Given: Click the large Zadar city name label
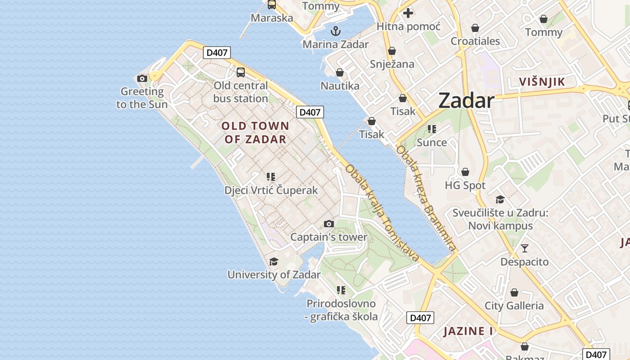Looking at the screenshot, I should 466,100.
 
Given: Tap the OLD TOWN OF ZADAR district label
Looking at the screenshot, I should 255,132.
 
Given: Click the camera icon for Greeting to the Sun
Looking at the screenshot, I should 142,78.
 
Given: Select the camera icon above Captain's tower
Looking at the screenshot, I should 329,224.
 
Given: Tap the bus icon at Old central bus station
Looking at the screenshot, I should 241,72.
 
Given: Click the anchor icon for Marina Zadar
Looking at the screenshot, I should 335,31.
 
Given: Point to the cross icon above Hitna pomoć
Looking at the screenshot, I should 408,13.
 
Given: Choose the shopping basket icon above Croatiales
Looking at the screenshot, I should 475,28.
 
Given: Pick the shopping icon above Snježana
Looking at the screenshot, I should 392,51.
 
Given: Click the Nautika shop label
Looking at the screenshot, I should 340,85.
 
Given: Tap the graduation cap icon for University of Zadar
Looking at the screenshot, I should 274,261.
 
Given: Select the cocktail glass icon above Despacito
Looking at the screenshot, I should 524,248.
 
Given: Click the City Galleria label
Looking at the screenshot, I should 514,306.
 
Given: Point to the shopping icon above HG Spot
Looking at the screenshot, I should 465,172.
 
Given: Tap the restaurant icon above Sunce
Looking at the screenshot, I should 432,129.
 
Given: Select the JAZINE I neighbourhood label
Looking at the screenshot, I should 468,331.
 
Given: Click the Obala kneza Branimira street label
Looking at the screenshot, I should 426,198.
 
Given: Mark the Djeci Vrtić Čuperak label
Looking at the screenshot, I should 271,190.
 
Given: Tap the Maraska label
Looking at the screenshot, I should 272,18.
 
